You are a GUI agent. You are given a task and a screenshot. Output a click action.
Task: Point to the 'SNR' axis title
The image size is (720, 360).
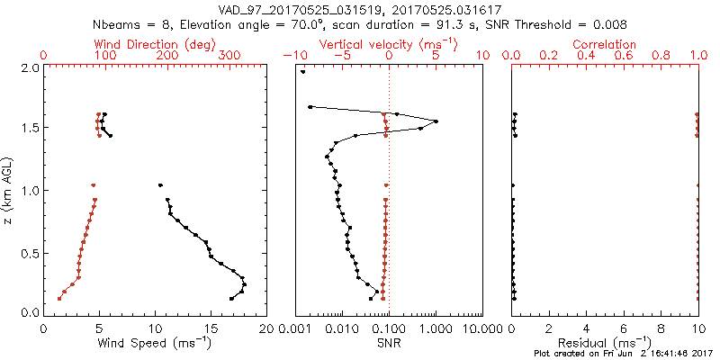point(389,342)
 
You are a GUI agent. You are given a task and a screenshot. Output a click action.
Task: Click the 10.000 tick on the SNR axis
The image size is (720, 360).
point(481,329)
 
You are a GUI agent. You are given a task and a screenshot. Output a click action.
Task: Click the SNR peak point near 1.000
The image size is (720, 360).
point(436,121)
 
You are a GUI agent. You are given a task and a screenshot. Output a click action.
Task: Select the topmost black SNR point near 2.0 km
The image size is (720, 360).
point(303,72)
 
